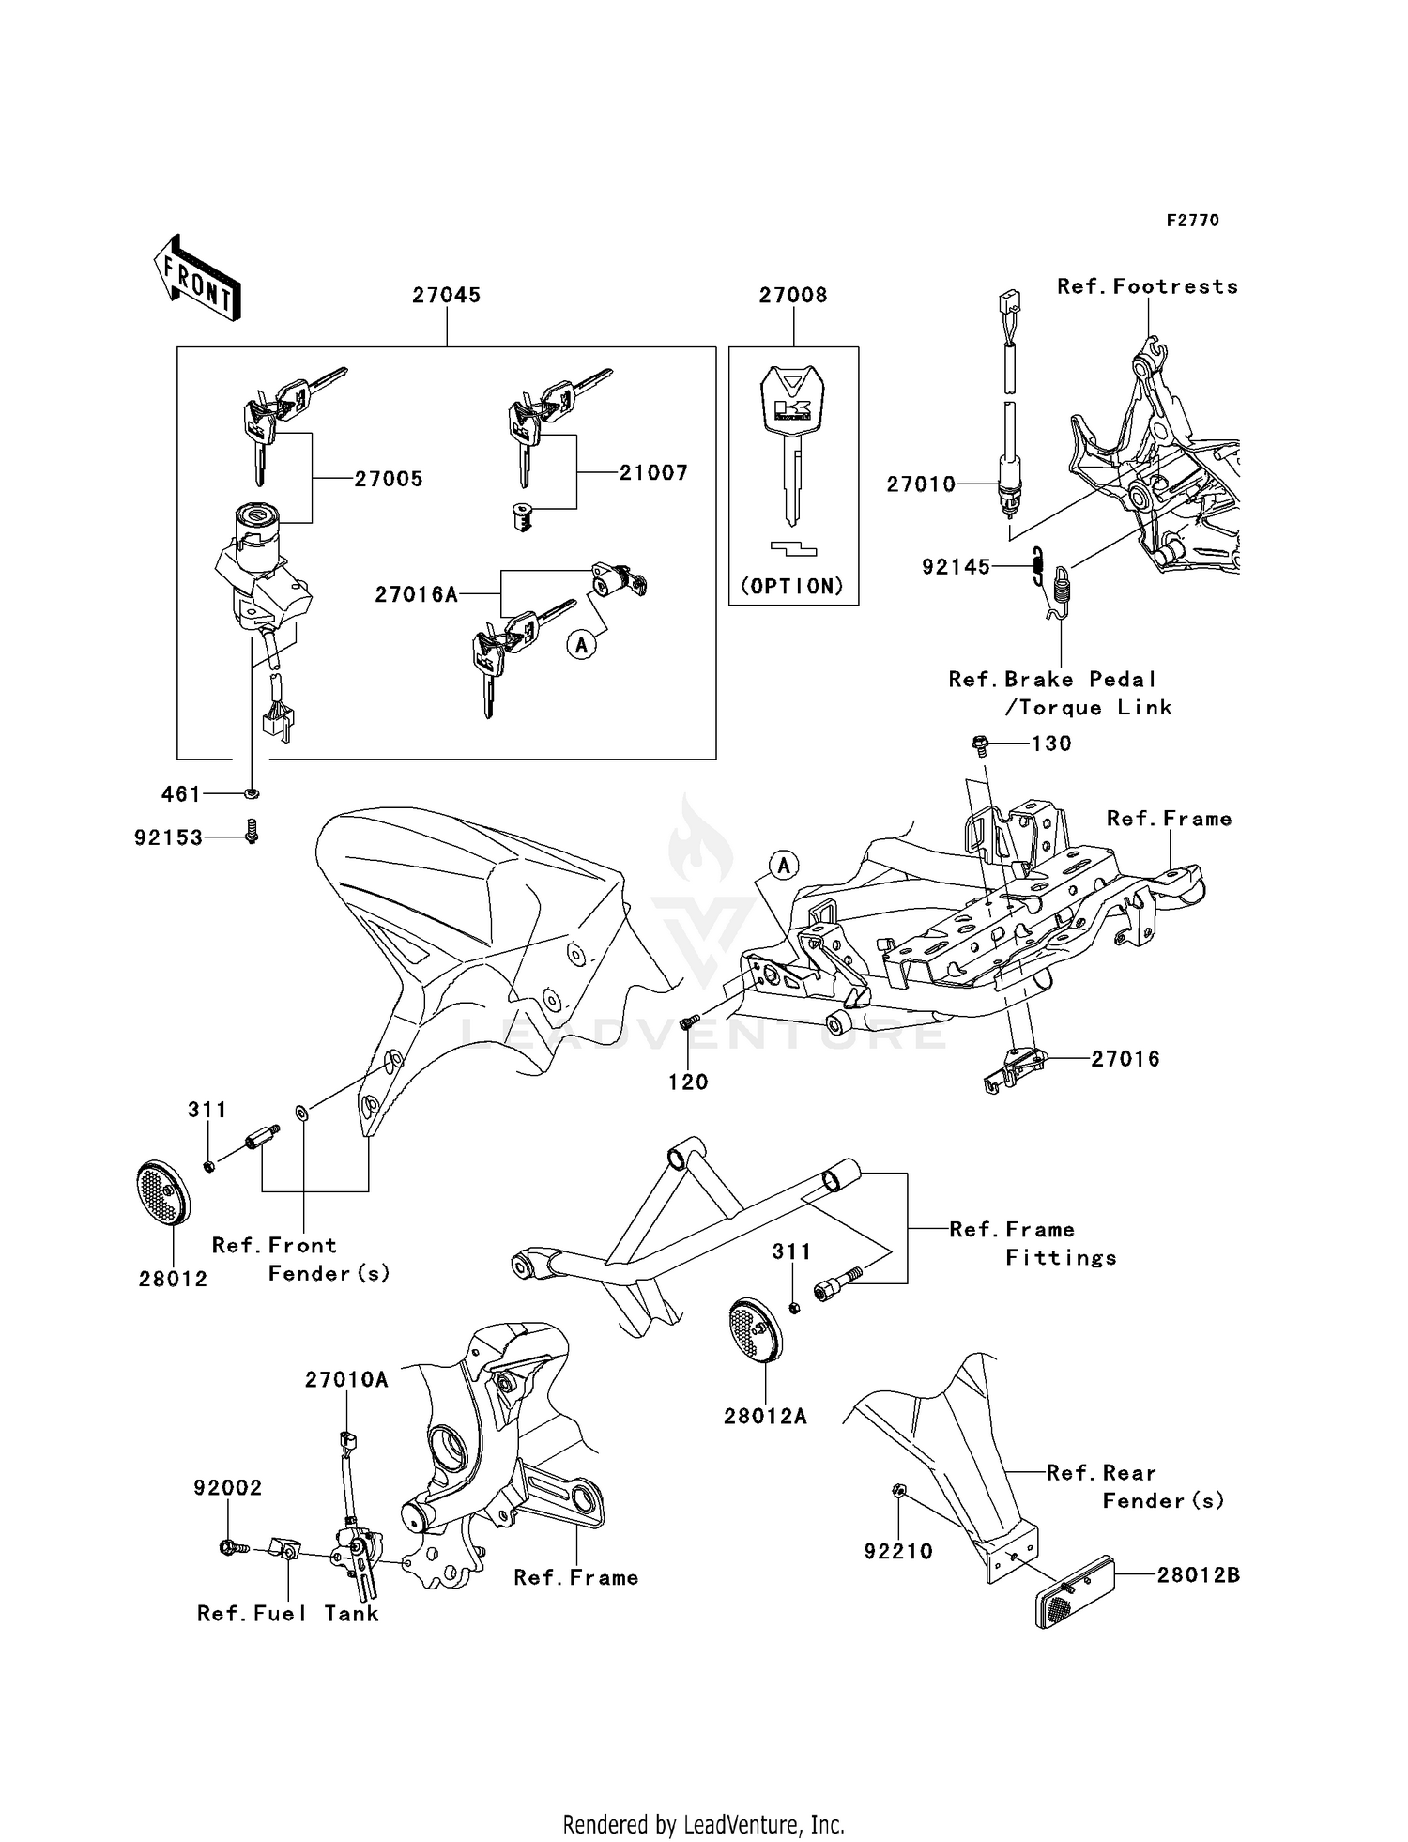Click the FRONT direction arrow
[x=197, y=279]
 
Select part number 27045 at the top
[x=447, y=295]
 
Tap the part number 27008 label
[x=793, y=295]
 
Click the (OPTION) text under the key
[x=793, y=587]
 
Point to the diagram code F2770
[x=1193, y=221]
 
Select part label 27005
[x=389, y=479]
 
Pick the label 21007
[x=653, y=473]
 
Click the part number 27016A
[x=416, y=594]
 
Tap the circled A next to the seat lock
[x=582, y=645]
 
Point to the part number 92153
[x=169, y=837]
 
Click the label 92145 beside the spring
[x=956, y=567]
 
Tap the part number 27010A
[x=346, y=1379]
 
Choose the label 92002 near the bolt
[x=228, y=1488]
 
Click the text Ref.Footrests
[x=1147, y=286]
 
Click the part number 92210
[x=898, y=1552]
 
